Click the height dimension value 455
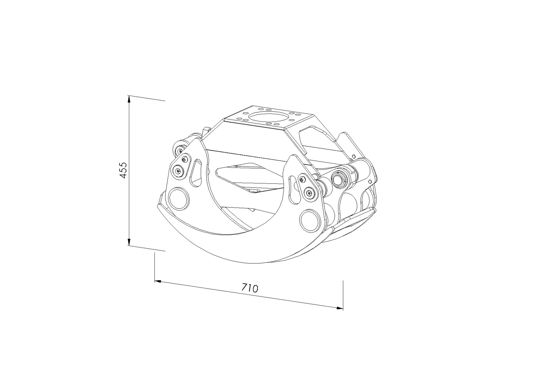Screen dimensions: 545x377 (123, 170)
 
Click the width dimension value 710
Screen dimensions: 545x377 (250, 288)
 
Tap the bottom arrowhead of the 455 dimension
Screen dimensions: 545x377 (129, 242)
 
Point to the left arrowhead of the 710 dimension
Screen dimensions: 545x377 (158, 281)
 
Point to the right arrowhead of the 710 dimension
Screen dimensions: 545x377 (340, 308)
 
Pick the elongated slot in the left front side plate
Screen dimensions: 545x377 (196, 173)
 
